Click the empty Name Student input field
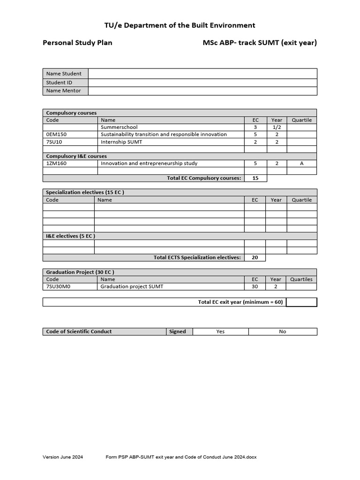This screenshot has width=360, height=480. point(202,74)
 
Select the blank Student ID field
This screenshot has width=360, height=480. point(202,82)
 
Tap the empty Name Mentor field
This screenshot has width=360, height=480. point(202,91)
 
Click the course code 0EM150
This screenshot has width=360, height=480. point(57,135)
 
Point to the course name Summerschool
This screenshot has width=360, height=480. point(119,127)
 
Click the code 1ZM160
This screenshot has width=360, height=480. point(57,164)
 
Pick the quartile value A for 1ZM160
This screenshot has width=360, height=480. point(301,164)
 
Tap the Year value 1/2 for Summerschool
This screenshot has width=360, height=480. point(277,127)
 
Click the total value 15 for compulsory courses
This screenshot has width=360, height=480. point(255,178)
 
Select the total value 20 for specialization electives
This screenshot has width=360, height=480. point(255,257)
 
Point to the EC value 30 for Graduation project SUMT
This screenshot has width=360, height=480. point(255,286)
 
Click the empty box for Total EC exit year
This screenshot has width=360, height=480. point(301,302)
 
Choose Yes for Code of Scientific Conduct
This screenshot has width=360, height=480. point(220,331)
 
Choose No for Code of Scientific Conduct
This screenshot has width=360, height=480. point(282,331)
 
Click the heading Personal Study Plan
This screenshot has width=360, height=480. point(77,43)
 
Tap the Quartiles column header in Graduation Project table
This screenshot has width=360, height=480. point(301,279)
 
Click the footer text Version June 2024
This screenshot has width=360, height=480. point(63,457)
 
